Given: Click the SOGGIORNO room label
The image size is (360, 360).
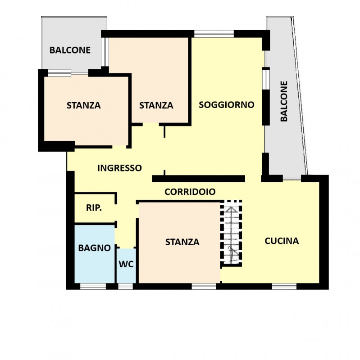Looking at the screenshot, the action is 227,105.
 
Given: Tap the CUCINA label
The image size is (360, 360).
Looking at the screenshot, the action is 282,241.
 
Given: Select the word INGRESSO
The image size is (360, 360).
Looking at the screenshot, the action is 119,168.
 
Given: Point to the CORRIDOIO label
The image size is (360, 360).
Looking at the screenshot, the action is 190,192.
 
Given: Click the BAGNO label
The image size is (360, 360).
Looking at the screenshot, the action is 95,248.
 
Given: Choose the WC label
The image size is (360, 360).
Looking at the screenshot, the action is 126,264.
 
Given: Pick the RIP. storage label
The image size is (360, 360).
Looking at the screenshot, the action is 94,208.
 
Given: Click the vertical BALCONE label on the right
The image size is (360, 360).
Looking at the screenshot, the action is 284,101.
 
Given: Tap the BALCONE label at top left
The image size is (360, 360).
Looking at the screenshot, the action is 70,50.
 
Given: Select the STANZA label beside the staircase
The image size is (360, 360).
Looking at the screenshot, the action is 182,242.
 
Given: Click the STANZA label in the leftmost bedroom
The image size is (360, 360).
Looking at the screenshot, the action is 84,105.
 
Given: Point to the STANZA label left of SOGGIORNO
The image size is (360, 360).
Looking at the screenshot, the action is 156,105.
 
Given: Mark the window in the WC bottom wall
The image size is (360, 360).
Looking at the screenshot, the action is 126,286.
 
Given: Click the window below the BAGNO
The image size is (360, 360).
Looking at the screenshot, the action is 93,286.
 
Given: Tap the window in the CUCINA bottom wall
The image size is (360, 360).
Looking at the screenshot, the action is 284,286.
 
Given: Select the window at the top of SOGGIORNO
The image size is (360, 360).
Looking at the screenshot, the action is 214,34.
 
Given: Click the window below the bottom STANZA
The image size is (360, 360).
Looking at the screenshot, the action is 204,286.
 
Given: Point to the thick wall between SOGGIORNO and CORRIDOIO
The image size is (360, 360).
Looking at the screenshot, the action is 199,179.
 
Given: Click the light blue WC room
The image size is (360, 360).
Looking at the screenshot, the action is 126,266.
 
